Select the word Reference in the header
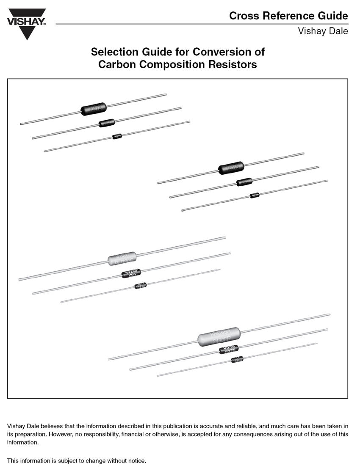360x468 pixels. pos(284,16)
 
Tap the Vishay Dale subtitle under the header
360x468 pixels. pos(323,31)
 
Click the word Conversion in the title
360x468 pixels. pos(222,52)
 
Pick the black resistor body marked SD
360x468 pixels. pos(131,273)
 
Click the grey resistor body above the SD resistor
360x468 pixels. pos(122,258)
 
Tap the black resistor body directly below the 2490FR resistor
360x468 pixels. pos(229,350)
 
